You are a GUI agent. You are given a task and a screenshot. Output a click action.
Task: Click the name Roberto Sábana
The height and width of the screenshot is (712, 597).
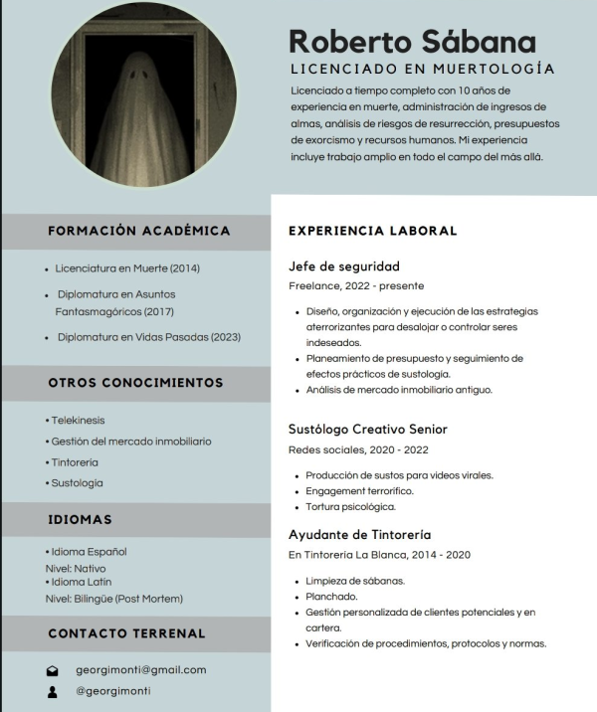(x=412, y=42)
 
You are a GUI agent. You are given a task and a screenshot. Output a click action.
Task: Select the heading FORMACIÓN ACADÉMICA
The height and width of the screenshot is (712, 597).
(x=138, y=231)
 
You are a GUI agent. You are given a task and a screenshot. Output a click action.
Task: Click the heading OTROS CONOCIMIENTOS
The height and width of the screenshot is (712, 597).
(x=135, y=383)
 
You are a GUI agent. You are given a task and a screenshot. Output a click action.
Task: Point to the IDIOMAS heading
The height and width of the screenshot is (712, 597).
(x=80, y=519)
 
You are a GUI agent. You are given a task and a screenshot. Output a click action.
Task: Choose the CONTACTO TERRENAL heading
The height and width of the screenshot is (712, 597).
(x=126, y=633)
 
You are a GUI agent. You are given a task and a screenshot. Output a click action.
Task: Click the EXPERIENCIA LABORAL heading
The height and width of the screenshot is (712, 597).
(x=372, y=231)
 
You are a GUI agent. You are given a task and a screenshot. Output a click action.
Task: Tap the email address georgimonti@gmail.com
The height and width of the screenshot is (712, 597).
(x=141, y=670)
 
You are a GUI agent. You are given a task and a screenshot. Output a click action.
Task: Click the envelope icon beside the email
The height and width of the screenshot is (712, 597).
(x=53, y=671)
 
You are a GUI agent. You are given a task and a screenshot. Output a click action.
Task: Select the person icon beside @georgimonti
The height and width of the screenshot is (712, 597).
(x=53, y=691)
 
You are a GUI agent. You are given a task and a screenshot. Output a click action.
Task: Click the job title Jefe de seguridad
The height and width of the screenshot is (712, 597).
(x=343, y=267)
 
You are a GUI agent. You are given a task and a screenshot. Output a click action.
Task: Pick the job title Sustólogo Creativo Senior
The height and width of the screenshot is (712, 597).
(x=367, y=430)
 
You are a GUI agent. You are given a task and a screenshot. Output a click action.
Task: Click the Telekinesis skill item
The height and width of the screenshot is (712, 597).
(x=77, y=421)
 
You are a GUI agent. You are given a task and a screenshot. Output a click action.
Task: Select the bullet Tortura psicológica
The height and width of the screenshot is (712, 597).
(x=350, y=507)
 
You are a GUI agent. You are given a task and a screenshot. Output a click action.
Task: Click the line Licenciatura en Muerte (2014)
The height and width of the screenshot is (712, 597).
(x=126, y=268)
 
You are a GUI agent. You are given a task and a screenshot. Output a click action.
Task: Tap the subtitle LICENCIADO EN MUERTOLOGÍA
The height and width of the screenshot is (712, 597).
(x=422, y=70)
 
